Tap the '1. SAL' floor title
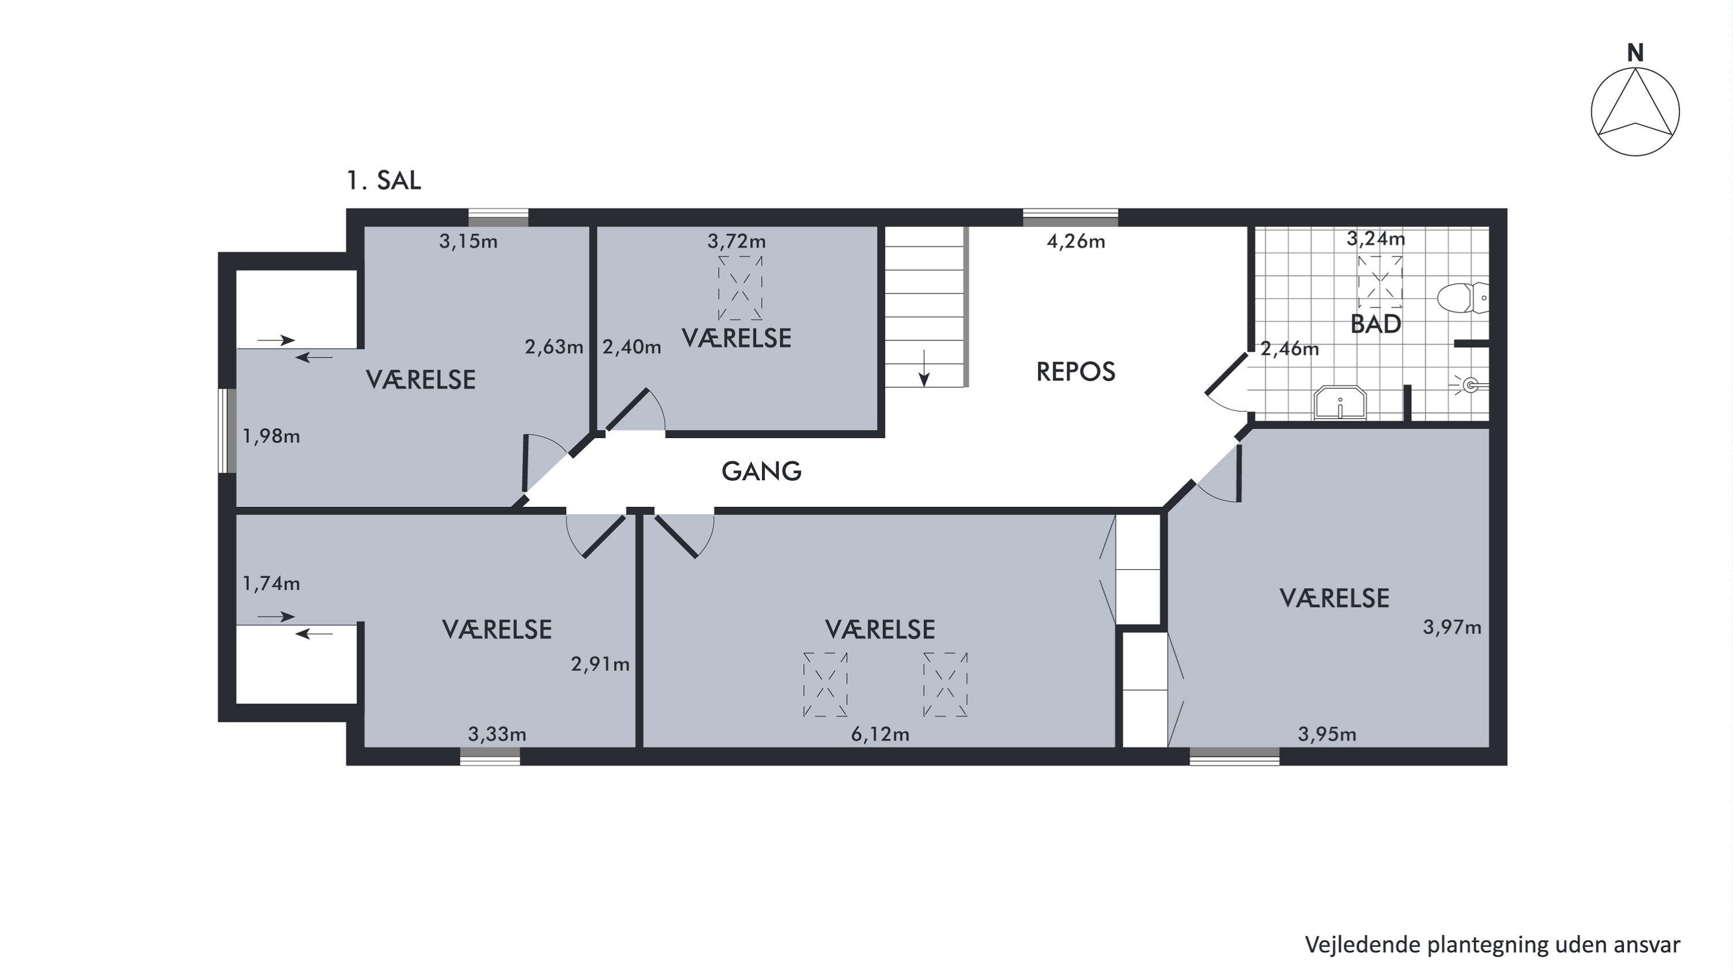[x=384, y=180]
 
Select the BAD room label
[x=1376, y=324]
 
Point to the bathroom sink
[x=1340, y=402]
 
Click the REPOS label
[x=1076, y=372]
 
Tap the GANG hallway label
[x=761, y=472]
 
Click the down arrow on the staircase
[x=924, y=368]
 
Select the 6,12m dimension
[x=880, y=734]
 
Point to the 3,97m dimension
[x=1452, y=627]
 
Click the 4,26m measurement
[x=1076, y=241]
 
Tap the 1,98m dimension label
[x=271, y=437]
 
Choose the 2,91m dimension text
[x=600, y=665]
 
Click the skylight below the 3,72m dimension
[x=740, y=288]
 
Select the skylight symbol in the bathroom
[x=1380, y=282]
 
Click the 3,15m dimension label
[x=468, y=241]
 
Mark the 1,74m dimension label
[x=271, y=583]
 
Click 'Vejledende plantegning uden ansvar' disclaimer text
[x=1493, y=945]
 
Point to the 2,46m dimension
[x=1290, y=349]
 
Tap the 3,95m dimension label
[x=1327, y=734]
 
